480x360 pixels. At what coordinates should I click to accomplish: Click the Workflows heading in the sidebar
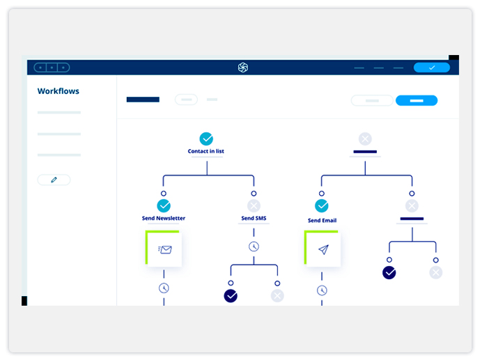[58, 91]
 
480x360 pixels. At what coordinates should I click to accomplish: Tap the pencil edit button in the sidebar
[54, 180]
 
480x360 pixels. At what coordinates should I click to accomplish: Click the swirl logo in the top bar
[243, 68]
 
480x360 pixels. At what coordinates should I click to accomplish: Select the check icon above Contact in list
[206, 139]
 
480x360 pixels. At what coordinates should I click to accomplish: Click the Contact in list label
[206, 151]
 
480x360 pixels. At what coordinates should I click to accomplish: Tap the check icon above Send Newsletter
[164, 206]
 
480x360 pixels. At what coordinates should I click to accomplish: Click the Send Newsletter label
[164, 218]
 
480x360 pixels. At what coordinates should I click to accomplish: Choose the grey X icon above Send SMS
[254, 206]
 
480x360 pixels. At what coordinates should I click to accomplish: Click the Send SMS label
[254, 218]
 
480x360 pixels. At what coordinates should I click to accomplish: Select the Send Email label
[322, 220]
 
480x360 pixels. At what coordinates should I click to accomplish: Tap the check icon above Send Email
[322, 206]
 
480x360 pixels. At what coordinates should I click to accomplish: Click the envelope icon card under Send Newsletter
[164, 249]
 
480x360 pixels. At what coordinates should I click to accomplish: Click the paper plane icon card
[323, 249]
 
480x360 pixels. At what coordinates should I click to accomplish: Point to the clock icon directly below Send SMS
[254, 246]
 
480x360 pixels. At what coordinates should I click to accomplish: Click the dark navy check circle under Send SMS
[231, 296]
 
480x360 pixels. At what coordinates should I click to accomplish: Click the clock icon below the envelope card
[164, 288]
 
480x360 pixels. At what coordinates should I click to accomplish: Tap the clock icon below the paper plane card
[322, 290]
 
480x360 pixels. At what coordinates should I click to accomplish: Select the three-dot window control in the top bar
[52, 68]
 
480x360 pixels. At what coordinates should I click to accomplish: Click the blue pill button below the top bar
[417, 101]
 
